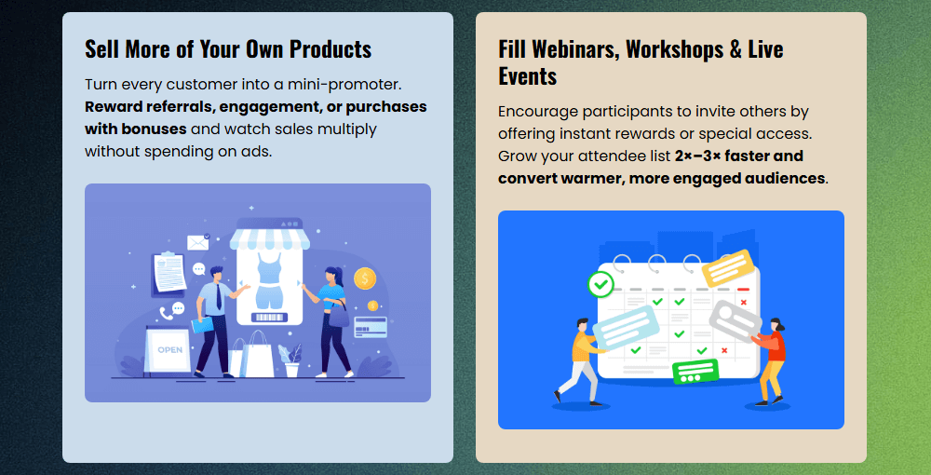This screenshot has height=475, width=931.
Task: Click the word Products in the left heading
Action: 331,48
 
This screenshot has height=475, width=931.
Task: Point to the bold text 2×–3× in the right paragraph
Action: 697,156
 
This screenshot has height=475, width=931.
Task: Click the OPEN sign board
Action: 169,349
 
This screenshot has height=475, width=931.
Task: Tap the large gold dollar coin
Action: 365,278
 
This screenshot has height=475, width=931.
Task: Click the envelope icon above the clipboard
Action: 197,241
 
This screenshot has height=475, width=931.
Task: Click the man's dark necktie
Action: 219,296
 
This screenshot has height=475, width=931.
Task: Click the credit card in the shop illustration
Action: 370,327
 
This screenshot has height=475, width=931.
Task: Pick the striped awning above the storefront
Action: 270,238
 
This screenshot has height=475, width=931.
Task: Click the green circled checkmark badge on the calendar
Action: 600,285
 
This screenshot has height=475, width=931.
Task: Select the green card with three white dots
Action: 695,372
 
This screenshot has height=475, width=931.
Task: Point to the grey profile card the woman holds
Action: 735,321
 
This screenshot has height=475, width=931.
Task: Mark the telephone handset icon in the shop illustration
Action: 167,313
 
